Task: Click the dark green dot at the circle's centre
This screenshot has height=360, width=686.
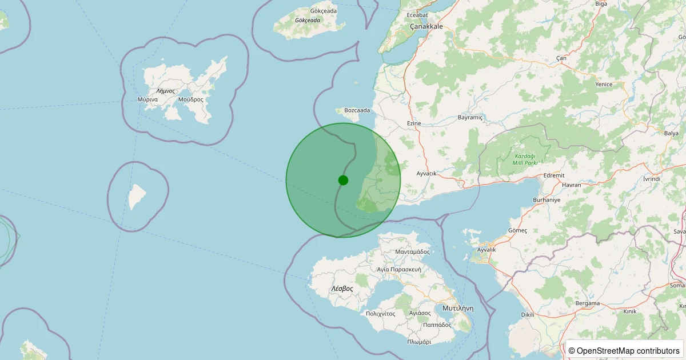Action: (x=343, y=180)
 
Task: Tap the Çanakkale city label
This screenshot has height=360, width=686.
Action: (x=426, y=26)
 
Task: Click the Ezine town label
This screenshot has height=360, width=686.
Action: (x=414, y=123)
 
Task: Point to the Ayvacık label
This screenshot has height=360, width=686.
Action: (x=426, y=173)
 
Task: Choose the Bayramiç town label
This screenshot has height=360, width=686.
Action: (x=470, y=117)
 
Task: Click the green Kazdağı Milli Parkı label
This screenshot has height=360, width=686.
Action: (x=525, y=159)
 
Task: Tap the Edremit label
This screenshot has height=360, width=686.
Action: (x=554, y=175)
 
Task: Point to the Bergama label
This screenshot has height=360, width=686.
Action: (x=588, y=303)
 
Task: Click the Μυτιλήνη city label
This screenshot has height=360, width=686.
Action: (x=458, y=307)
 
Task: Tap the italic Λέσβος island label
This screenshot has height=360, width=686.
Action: (x=342, y=289)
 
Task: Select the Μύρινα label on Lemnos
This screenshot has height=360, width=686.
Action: (x=147, y=99)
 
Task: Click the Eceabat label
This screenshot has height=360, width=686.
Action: (x=417, y=15)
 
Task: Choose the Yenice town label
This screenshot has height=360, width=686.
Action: (x=604, y=85)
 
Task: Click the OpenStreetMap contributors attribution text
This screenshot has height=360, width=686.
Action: (x=624, y=350)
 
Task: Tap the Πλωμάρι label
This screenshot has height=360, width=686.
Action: (x=419, y=342)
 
